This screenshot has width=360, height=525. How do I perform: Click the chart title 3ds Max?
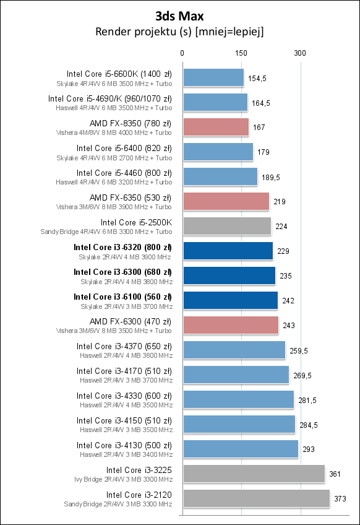pyautogui.click(x=179, y=15)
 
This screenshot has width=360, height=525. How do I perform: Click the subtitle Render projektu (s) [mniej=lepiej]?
pyautogui.click(x=179, y=32)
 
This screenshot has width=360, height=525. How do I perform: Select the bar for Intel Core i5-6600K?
pyautogui.click(x=213, y=78)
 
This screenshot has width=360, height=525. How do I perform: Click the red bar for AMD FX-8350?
pyautogui.click(x=215, y=128)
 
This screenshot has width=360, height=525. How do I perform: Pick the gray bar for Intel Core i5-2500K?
pyautogui.click(x=226, y=227)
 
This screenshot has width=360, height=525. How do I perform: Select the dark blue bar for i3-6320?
pyautogui.click(x=228, y=251)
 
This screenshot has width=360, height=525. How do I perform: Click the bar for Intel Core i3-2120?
pyautogui.click(x=255, y=499)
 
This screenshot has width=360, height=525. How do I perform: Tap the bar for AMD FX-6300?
pyautogui.click(x=230, y=326)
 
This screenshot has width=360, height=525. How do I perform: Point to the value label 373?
pyautogui.click(x=341, y=499)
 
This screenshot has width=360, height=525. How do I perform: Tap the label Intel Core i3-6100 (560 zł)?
pyautogui.click(x=122, y=297)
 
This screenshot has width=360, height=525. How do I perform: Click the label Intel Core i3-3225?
pyautogui.click(x=139, y=470)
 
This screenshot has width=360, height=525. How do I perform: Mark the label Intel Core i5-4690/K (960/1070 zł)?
pyautogui.click(x=110, y=98)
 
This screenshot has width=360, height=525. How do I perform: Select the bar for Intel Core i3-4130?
pyautogui.click(x=240, y=449)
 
